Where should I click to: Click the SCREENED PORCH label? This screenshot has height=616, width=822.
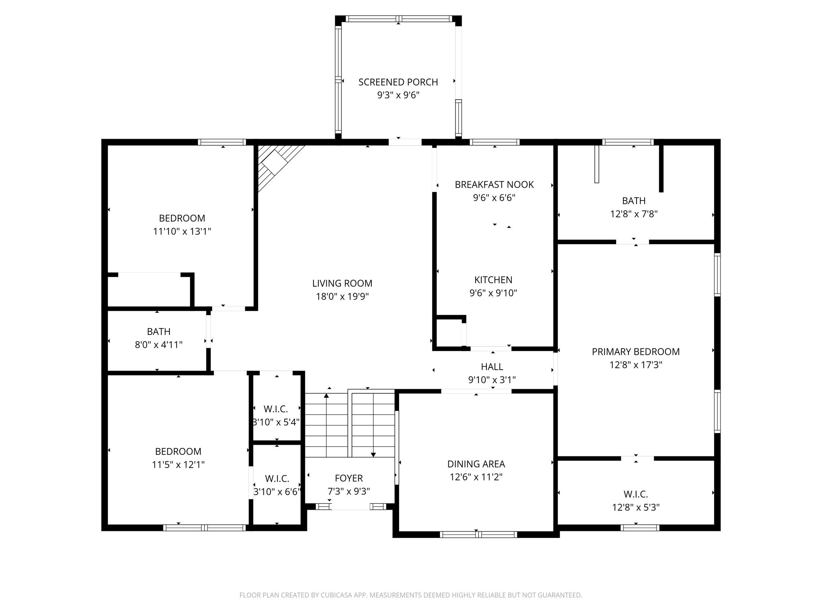coord(398,82)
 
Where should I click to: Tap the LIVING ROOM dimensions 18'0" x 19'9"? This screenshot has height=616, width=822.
coord(342,296)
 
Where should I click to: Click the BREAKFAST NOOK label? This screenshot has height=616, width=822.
coord(494,184)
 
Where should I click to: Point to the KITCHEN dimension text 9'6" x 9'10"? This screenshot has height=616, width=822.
coord(493,293)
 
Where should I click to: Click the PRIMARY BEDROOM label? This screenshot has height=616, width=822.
coord(635,352)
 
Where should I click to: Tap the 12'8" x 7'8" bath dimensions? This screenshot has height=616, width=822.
coord(633,214)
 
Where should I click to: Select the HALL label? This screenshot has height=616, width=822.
coord(492,367)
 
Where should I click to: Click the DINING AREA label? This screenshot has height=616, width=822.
coord(476,464)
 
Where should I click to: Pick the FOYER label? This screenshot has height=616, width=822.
coord(348,478)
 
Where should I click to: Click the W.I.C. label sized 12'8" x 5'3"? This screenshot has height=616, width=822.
coord(635,494)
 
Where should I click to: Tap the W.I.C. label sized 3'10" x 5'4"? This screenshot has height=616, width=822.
coord(276,409)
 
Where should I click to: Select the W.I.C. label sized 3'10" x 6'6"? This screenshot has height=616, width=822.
coord(277,478)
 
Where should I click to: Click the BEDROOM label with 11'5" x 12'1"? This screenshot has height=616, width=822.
coord(178,452)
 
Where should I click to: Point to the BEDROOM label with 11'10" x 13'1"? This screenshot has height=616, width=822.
coord(182,218)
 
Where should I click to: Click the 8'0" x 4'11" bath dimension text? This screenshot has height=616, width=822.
coord(159,344)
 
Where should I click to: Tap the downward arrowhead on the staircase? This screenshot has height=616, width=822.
coord(373,454)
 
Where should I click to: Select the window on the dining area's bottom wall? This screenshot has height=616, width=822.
coord(478,534)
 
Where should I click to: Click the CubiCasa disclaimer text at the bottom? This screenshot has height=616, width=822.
coord(411,595)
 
